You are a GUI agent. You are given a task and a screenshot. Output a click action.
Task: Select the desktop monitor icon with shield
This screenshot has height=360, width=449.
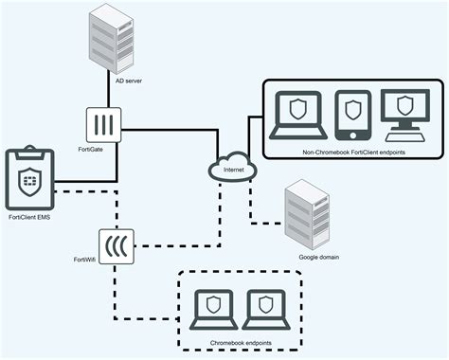[x=404, y=115]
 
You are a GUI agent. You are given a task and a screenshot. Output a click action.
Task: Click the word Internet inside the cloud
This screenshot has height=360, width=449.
[x=231, y=171]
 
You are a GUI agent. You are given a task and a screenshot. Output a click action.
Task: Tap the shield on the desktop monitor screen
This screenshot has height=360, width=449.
[x=404, y=106]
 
